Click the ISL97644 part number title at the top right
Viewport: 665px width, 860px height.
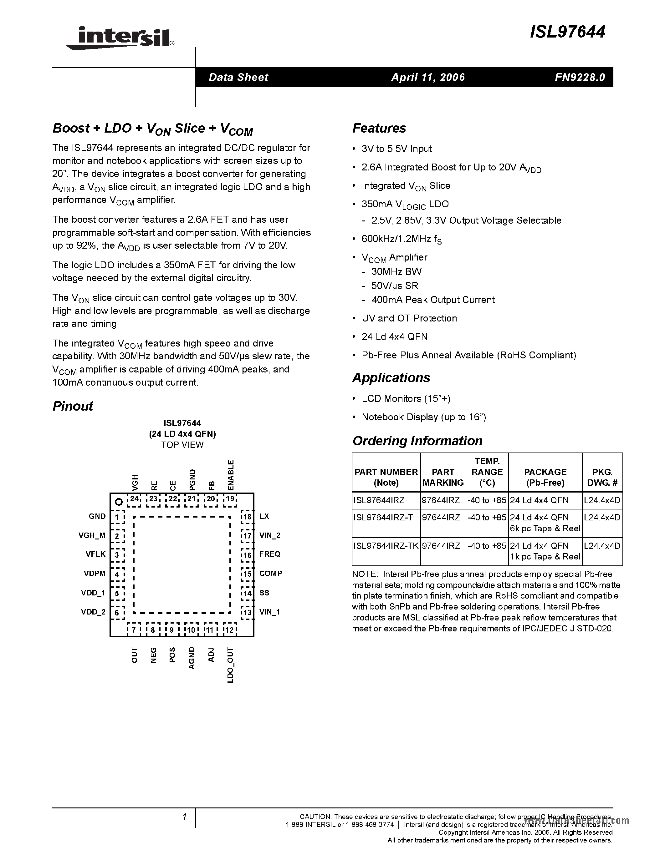(x=567, y=32)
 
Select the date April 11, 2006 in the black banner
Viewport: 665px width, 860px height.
(x=428, y=77)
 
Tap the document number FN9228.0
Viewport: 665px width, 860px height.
(x=580, y=77)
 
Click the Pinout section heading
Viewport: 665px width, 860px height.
(x=73, y=406)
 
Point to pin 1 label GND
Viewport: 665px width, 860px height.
(x=97, y=516)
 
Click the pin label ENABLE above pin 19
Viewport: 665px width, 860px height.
(x=231, y=475)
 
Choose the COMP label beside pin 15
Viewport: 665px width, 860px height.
(x=271, y=573)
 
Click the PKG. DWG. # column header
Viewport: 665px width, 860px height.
(x=602, y=477)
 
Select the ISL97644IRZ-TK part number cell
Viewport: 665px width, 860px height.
(x=386, y=546)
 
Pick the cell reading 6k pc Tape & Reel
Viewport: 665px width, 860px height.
(x=545, y=529)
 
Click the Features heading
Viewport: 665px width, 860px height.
(x=379, y=128)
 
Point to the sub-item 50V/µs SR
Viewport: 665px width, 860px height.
(x=394, y=286)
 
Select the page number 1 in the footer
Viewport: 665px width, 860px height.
(x=184, y=817)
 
